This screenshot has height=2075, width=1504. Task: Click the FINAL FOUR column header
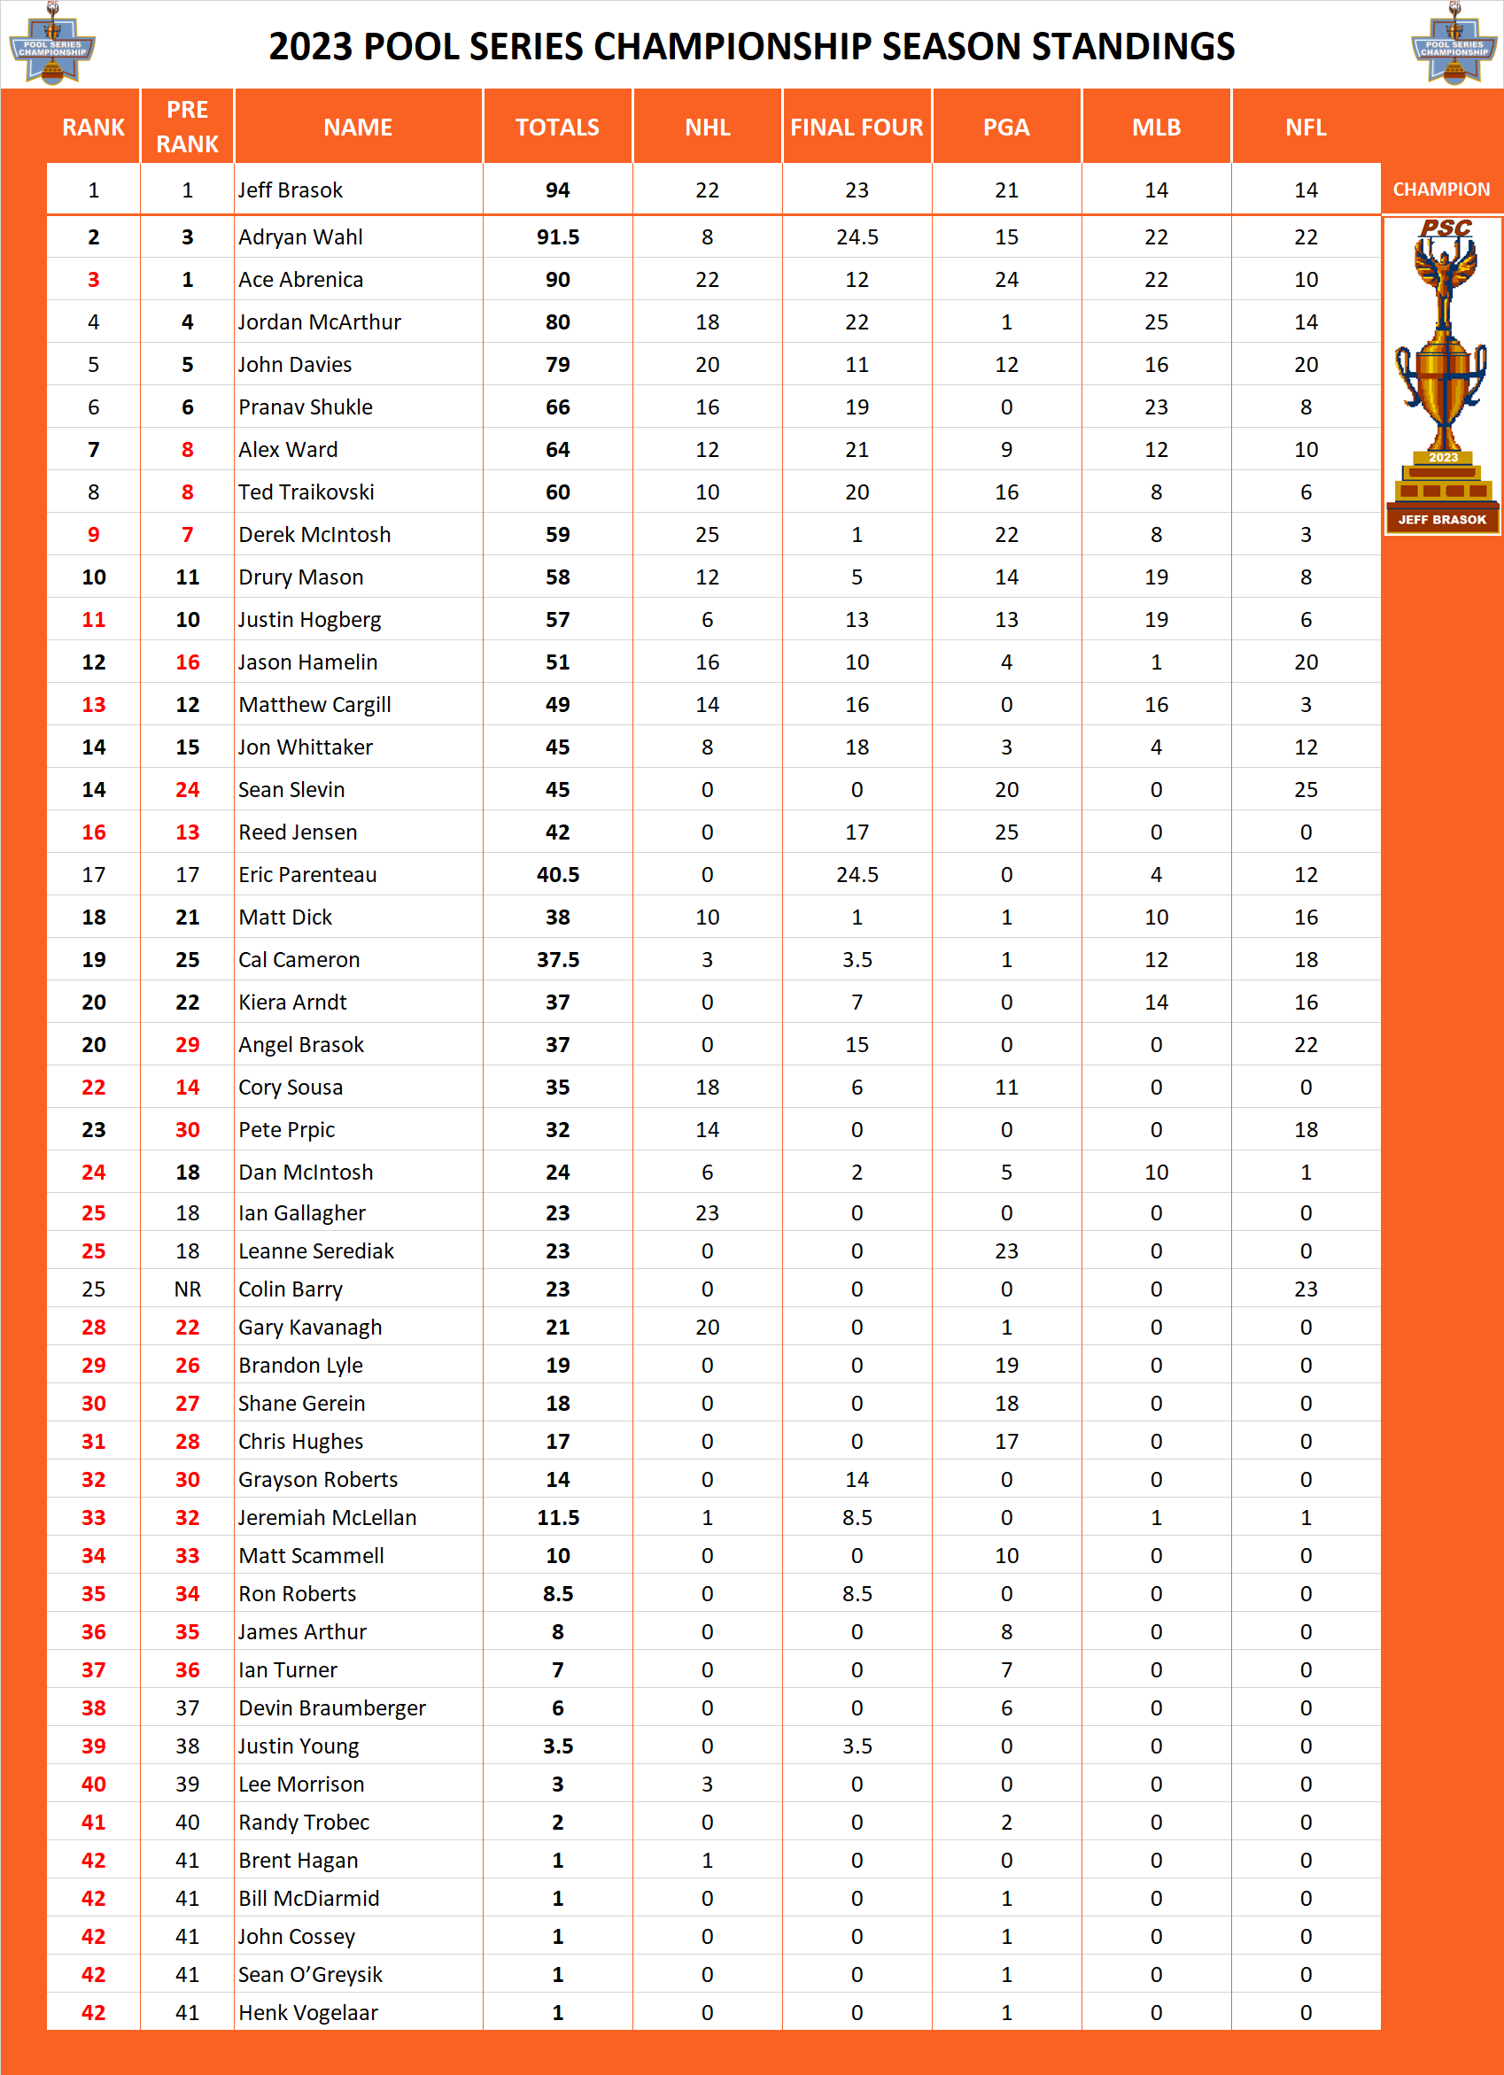pyautogui.click(x=857, y=128)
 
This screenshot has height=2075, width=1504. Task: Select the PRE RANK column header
pyautogui.click(x=187, y=128)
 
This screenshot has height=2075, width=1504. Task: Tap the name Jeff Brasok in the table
pyautogui.click(x=290, y=190)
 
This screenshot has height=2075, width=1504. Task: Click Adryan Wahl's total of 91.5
pyautogui.click(x=557, y=238)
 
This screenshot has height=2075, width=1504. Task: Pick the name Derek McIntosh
pyautogui.click(x=314, y=534)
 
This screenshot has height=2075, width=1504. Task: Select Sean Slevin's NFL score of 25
pyautogui.click(x=1306, y=790)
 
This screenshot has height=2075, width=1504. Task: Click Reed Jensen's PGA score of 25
pyautogui.click(x=1006, y=832)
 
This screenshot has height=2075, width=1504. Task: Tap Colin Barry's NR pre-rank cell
pyautogui.click(x=187, y=1289)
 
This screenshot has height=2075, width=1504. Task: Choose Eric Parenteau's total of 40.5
pyautogui.click(x=557, y=875)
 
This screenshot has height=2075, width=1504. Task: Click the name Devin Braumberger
pyautogui.click(x=332, y=1708)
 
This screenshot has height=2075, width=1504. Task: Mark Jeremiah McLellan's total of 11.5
pyautogui.click(x=557, y=1518)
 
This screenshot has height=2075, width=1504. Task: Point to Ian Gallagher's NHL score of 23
pyautogui.click(x=707, y=1213)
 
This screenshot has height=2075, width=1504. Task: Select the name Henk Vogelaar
pyautogui.click(x=307, y=2013)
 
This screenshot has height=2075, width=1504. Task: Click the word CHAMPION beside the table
pyautogui.click(x=1441, y=190)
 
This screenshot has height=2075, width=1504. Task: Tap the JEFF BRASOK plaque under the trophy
pyautogui.click(x=1442, y=520)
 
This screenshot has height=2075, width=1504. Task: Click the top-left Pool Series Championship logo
pyautogui.click(x=52, y=44)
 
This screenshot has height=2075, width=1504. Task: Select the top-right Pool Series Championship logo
pyautogui.click(x=1454, y=44)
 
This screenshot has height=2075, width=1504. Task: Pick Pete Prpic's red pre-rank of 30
pyautogui.click(x=187, y=1130)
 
